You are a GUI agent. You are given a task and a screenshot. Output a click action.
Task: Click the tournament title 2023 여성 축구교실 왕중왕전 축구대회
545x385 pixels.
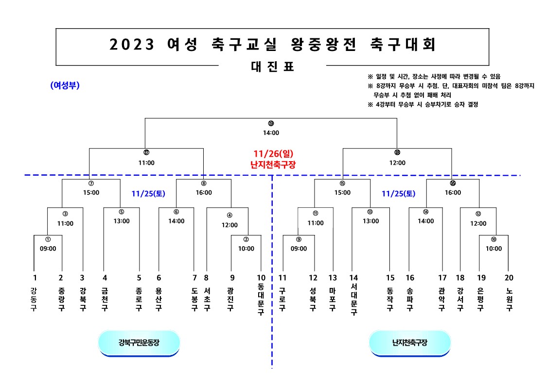[x=272, y=45]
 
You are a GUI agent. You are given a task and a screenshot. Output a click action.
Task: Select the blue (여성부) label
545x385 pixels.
[x=65, y=85]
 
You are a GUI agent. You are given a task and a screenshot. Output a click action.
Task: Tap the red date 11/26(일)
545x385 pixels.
[x=272, y=154]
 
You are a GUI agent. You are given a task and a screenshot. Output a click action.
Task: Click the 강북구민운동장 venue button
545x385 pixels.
[x=139, y=343]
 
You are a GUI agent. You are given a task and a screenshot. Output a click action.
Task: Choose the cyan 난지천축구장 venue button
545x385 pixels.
[x=410, y=343]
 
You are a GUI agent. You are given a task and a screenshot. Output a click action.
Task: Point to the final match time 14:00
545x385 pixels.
[x=271, y=132]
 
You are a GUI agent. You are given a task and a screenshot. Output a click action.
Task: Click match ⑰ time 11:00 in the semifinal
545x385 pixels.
[x=146, y=163]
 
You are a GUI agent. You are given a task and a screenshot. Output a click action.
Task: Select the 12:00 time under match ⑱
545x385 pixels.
[x=397, y=163]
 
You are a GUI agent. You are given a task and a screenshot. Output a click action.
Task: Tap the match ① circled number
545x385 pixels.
[x=48, y=239]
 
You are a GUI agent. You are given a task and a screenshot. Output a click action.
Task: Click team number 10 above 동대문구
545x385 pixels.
[x=261, y=278]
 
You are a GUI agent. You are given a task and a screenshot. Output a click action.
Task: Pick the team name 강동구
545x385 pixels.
[x=34, y=299]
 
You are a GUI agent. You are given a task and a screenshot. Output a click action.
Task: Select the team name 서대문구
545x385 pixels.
[x=353, y=300]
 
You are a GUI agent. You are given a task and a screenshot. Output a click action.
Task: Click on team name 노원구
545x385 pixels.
[x=509, y=299]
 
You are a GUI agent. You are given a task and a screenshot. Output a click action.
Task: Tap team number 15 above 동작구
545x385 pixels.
[x=390, y=278]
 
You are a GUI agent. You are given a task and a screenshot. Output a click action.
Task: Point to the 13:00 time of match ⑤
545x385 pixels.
[x=122, y=221]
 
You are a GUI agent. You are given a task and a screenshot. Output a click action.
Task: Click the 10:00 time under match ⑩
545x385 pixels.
[x=493, y=249]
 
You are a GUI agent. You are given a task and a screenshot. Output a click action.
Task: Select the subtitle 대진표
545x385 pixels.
[x=272, y=67]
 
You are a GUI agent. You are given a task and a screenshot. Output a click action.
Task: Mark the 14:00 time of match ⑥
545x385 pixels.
[x=176, y=221]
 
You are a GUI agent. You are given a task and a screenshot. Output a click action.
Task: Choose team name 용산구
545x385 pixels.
[x=158, y=299]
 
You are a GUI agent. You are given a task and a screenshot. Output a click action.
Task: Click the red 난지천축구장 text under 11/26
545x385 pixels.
[x=272, y=164]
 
